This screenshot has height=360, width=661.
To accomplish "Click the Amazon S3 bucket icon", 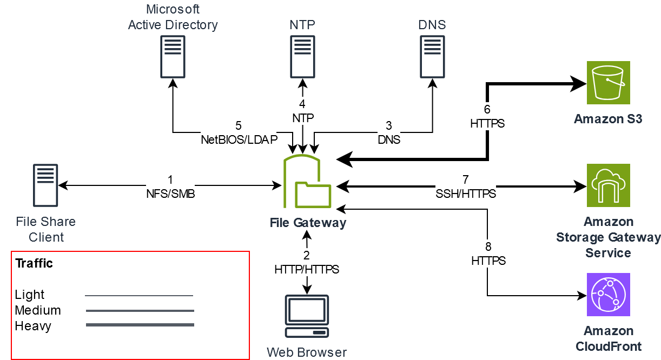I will coord(609,82).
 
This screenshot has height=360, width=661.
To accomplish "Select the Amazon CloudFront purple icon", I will coord(609,295).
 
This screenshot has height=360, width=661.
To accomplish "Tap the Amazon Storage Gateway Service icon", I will coord(609,185).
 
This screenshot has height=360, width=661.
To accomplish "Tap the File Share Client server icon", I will coord(45,185).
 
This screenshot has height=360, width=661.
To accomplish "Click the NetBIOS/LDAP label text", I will coord(239,139).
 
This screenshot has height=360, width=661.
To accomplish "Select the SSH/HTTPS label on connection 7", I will coord(466,194).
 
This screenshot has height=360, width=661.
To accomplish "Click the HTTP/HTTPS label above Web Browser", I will coord(307,269).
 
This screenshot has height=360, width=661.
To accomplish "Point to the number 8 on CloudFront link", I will coord(488,247).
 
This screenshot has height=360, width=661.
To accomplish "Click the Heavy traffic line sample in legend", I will coord(140,325).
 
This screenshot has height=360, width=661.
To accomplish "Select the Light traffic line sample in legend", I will coord(140,296).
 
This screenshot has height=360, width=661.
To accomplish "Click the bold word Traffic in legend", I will coord(34,263).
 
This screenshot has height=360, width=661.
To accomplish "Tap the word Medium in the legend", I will coord(38,310).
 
